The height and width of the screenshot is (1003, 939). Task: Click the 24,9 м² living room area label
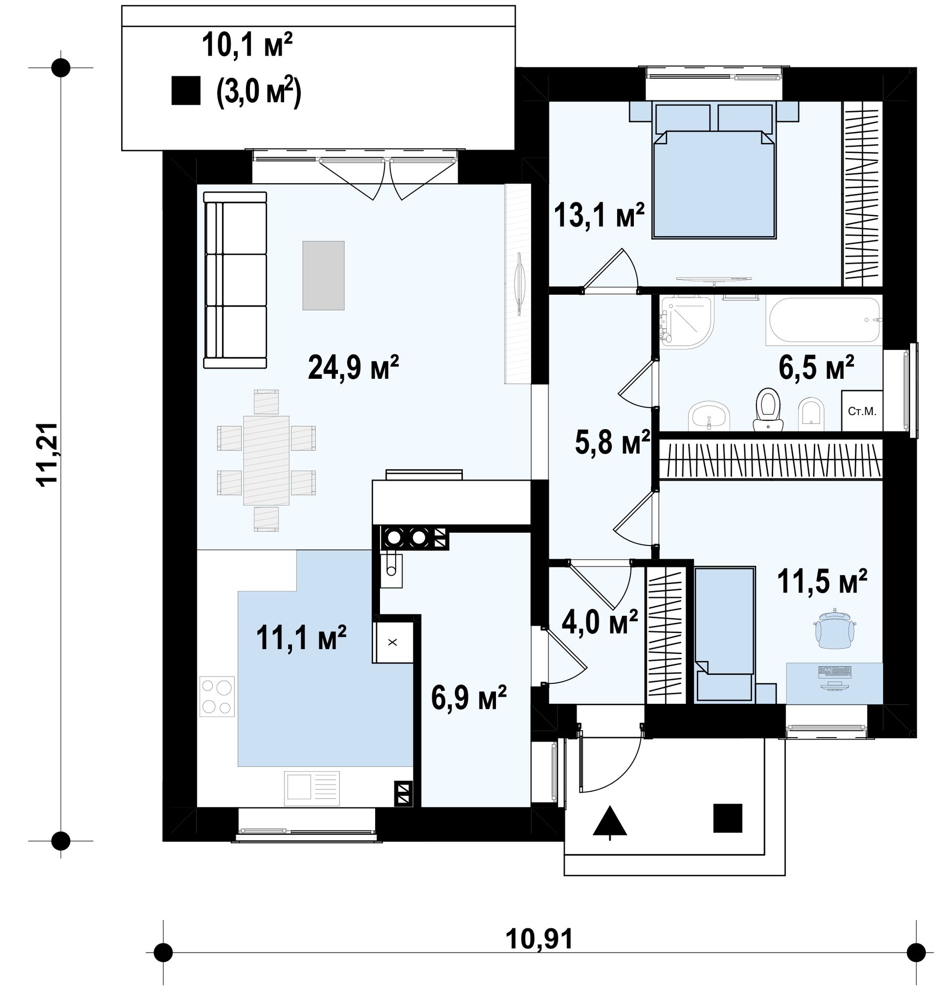[x=353, y=367]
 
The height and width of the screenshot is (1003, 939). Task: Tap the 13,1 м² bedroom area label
[x=599, y=216]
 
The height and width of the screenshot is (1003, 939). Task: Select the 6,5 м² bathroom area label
[x=816, y=367]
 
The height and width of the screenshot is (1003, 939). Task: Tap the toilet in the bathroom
[x=767, y=409]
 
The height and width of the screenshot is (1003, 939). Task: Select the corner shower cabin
[x=686, y=323]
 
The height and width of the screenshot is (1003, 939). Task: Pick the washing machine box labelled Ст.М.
[x=862, y=411]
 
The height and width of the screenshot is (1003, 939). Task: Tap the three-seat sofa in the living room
[x=235, y=280]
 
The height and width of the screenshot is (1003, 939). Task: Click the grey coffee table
[x=323, y=276]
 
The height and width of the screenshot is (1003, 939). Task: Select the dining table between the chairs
[x=266, y=460]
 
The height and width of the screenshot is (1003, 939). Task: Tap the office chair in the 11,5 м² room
[x=834, y=630]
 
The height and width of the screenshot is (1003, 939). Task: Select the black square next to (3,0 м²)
[x=186, y=91]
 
